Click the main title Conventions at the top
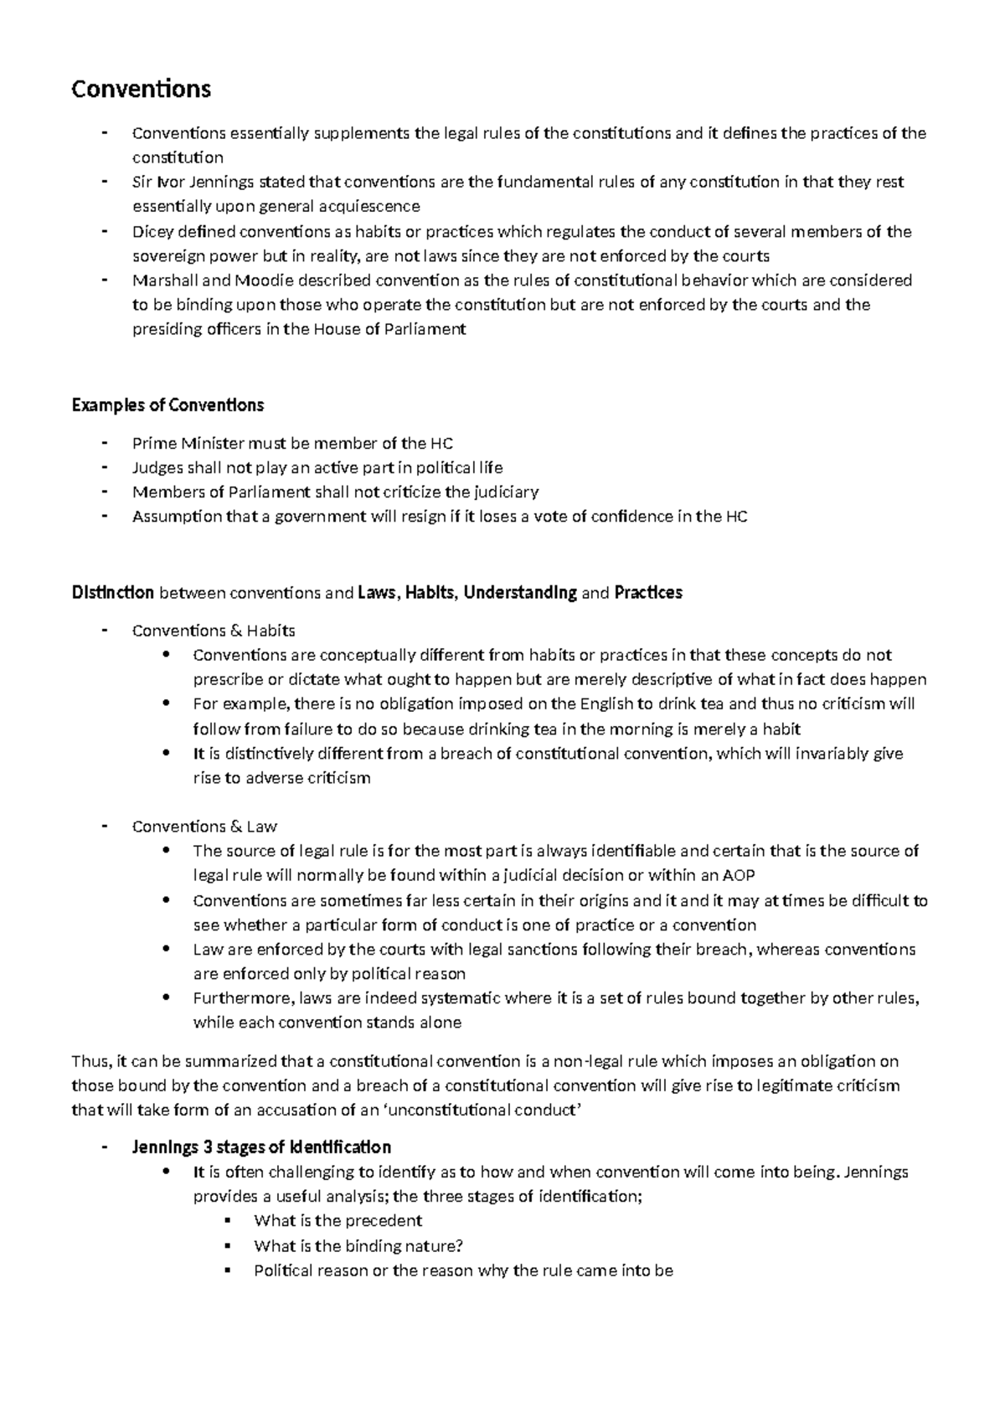point(141,89)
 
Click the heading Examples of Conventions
point(167,405)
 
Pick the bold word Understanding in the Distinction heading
point(520,593)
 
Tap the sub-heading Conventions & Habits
point(214,631)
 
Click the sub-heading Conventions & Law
point(204,827)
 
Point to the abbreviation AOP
point(738,876)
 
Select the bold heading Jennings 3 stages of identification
point(261,1147)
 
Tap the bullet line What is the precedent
point(338,1221)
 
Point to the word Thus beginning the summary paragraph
point(89,1062)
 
